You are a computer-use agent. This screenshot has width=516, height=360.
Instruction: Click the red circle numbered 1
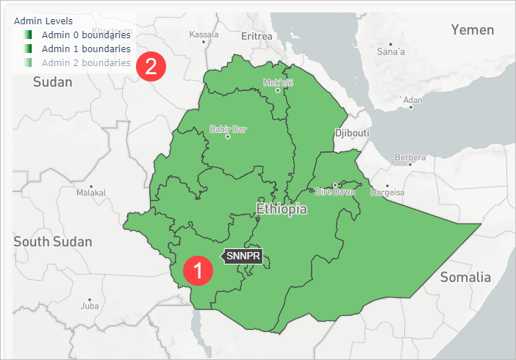point(196,269)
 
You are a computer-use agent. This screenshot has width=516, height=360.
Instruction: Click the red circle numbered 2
point(150,67)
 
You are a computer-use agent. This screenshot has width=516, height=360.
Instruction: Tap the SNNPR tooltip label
point(243,256)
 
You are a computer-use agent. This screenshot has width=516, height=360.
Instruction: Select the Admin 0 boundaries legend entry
point(86,35)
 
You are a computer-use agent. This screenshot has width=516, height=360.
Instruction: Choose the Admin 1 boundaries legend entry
point(86,48)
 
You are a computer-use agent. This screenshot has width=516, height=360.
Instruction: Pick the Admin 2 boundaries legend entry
point(86,62)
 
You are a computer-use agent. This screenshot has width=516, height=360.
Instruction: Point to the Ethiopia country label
point(282,209)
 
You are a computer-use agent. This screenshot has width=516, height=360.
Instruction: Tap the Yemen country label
point(473,29)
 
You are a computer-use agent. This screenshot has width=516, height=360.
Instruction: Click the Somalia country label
point(465,277)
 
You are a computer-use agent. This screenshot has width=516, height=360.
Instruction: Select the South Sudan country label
point(52,242)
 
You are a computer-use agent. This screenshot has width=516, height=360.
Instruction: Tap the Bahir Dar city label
point(228,130)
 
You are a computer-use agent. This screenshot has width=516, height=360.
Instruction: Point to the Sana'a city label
point(390,52)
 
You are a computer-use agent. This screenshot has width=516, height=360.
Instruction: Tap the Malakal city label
point(91,192)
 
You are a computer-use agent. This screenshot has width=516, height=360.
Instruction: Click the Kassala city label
point(204,34)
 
